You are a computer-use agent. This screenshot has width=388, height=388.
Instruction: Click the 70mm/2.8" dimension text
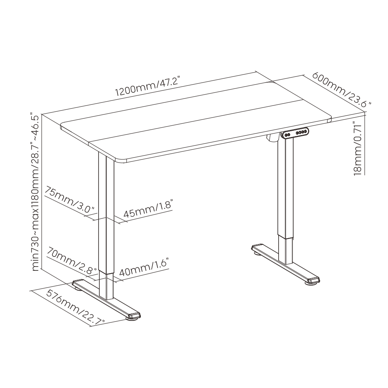coord(71,260)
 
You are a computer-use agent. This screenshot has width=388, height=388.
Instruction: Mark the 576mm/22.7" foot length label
coord(76,308)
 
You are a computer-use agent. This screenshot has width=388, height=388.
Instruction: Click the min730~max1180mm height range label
coord(36,192)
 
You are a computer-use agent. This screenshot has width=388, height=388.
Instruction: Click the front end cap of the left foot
coord(134,315)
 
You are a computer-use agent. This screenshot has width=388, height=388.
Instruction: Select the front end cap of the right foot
coord(313,281)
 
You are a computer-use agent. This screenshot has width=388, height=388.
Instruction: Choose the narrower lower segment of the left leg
coord(107,284)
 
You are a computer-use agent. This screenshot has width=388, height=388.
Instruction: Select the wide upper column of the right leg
coord(286,187)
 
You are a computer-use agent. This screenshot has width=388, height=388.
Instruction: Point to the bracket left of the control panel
coord(273,138)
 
